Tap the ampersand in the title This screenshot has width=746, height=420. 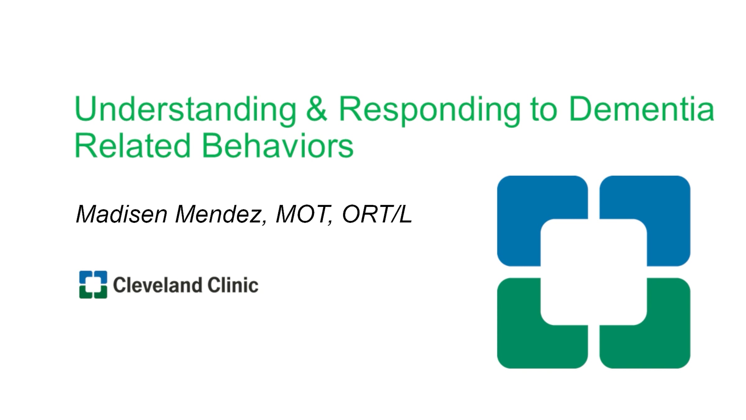[x=317, y=109]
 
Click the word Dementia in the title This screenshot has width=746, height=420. [x=641, y=109]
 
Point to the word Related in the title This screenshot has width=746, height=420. [x=132, y=146]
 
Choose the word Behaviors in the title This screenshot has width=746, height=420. [x=278, y=146]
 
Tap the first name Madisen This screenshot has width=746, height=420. [x=122, y=214]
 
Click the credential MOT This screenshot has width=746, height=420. [x=302, y=214]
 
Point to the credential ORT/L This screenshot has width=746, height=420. [x=377, y=214]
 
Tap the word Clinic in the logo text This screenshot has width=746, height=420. [x=233, y=285]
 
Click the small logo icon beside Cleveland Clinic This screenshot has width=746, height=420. [x=93, y=285]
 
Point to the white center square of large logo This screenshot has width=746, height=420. [x=594, y=272]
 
